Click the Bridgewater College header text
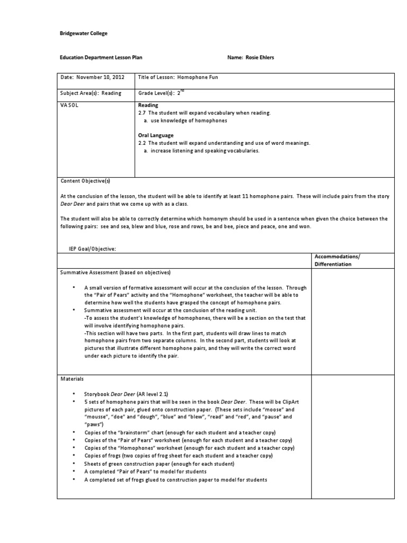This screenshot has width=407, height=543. pos(83,33)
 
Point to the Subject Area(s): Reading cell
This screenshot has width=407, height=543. pos(91,93)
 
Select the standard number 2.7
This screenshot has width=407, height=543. pos(142,113)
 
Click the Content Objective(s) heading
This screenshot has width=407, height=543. pos(85,181)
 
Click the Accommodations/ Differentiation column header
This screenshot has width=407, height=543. pos(337,260)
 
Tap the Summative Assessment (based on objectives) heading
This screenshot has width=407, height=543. pos(115,273)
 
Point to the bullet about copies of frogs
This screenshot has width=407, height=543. pos(179,456)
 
